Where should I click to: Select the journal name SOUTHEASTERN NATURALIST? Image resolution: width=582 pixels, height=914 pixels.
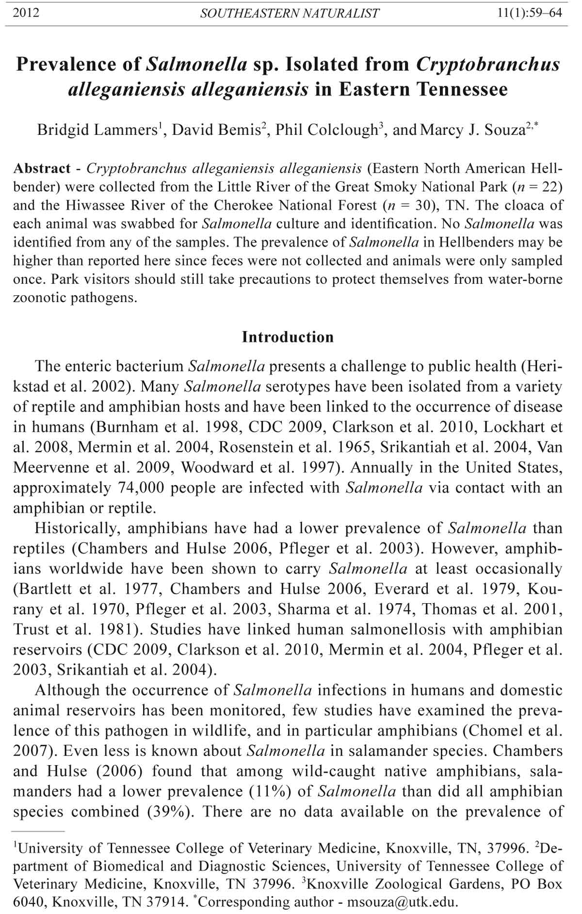pos(290,14)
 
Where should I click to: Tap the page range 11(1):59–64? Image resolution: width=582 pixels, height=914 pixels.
pos(530,13)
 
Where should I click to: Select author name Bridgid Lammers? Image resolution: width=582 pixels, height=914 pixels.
pos(97,130)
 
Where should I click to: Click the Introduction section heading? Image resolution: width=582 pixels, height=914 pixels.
pos(288,337)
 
